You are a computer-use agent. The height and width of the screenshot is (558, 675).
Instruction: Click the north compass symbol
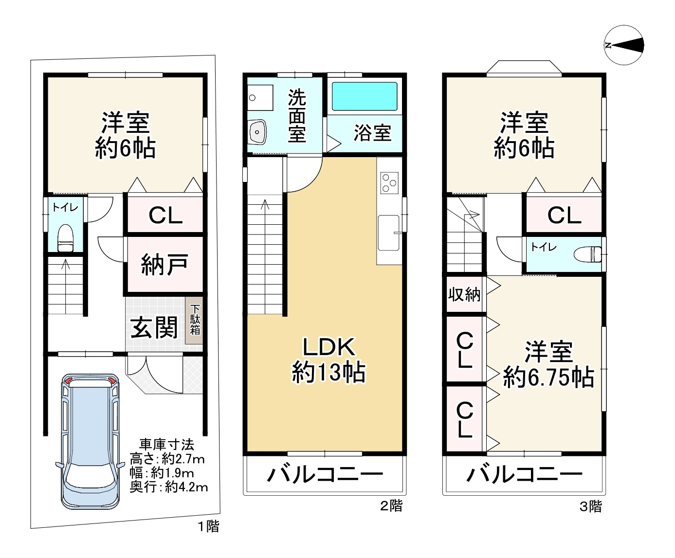click(x=624, y=45)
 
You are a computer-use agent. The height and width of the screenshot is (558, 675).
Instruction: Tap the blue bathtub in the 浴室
click(x=365, y=96)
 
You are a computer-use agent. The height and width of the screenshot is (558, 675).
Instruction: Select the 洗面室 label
click(x=297, y=116)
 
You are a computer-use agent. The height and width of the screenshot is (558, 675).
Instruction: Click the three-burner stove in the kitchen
click(x=389, y=183)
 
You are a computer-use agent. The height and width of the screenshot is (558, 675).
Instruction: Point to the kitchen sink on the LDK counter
click(x=389, y=233)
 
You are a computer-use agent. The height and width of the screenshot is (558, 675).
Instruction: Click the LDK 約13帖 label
click(x=329, y=360)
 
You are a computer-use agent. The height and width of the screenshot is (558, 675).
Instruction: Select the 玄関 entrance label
click(x=154, y=327)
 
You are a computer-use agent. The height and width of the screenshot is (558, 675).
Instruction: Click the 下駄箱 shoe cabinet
click(x=195, y=320)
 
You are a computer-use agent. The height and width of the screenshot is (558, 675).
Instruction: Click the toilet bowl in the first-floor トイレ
click(x=65, y=238)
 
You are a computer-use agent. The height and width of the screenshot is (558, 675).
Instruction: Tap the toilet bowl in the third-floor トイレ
click(x=588, y=254)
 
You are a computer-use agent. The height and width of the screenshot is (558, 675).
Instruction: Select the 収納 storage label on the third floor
click(x=464, y=294)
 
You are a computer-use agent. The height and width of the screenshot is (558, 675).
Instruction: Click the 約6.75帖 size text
click(x=548, y=378)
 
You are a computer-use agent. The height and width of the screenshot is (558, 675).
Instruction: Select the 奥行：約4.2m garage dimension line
click(x=168, y=487)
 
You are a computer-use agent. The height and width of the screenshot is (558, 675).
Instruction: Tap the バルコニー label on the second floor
click(x=325, y=474)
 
